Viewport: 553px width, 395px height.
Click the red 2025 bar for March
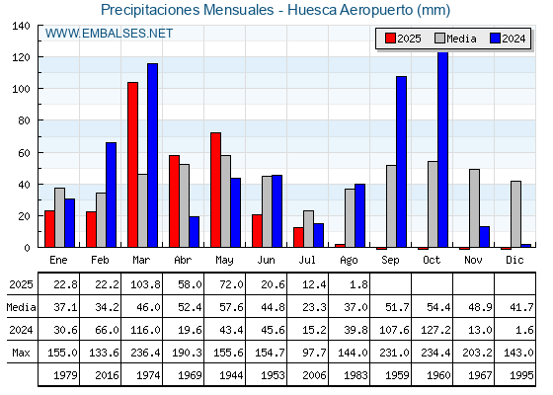click(x=133, y=165)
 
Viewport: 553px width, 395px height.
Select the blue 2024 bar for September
click(x=401, y=162)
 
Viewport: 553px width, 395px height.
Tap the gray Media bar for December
click(x=515, y=214)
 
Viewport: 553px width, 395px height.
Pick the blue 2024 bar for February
click(x=111, y=195)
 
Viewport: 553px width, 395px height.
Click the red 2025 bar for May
click(x=216, y=190)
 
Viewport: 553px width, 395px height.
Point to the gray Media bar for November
click(x=474, y=208)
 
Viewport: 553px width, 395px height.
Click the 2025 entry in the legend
click(x=403, y=39)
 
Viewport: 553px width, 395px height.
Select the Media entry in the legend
click(x=455, y=39)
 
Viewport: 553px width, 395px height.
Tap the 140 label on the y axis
click(x=22, y=26)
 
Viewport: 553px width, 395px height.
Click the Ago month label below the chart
click(x=349, y=261)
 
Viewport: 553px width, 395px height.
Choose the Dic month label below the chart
click(x=514, y=260)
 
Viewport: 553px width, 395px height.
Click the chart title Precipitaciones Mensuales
click(x=188, y=10)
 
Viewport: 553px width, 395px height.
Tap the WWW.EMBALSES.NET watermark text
click(x=109, y=34)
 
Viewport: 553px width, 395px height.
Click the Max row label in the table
click(x=21, y=353)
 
